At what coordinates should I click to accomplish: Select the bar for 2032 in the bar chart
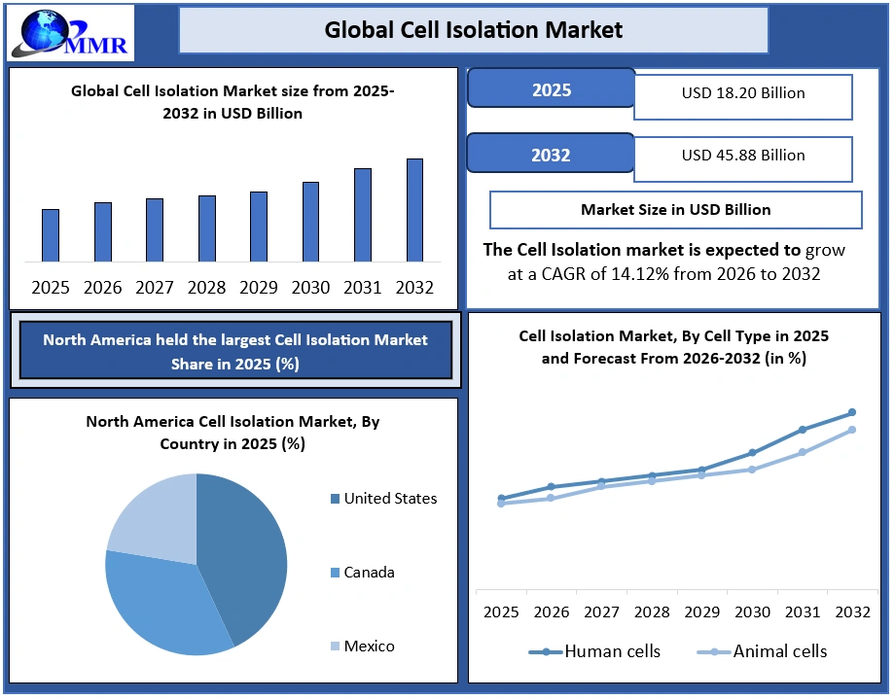tap(414, 210)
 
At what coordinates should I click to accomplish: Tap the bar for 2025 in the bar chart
tap(51, 235)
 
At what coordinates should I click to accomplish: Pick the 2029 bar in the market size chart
tap(259, 227)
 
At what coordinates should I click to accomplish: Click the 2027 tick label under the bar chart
tap(155, 288)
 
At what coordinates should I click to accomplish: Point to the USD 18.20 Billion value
tap(743, 94)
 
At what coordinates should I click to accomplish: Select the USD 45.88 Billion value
tap(743, 156)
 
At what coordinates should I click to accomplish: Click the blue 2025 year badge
tap(551, 90)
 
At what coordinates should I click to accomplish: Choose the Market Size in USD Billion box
tap(675, 209)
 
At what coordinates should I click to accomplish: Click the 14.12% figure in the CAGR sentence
tap(636, 274)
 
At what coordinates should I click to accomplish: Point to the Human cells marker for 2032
tap(852, 412)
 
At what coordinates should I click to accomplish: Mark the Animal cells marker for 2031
tap(803, 452)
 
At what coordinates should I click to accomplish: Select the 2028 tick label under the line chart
tap(653, 612)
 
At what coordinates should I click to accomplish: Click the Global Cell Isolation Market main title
tap(473, 30)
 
